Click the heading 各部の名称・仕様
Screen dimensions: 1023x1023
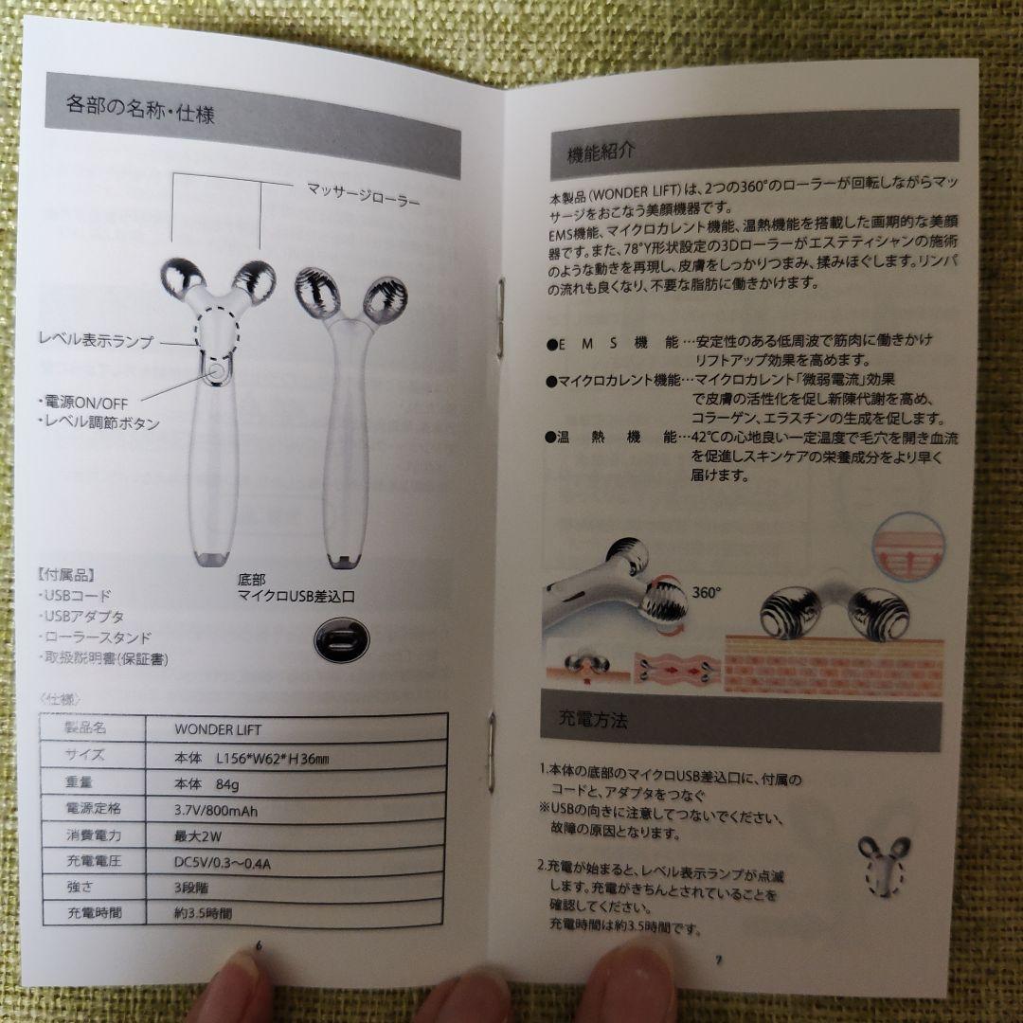[x=141, y=106]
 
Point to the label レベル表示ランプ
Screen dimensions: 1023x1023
[x=96, y=341]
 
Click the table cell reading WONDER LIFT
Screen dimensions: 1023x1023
[x=218, y=729]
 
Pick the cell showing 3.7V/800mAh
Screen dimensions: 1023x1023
[x=216, y=810]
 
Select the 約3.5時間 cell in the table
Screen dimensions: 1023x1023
[x=202, y=915]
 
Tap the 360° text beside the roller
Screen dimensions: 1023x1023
[x=707, y=592]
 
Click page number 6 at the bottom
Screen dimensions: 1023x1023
[x=259, y=947]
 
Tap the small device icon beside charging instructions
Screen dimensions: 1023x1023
[x=884, y=864]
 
